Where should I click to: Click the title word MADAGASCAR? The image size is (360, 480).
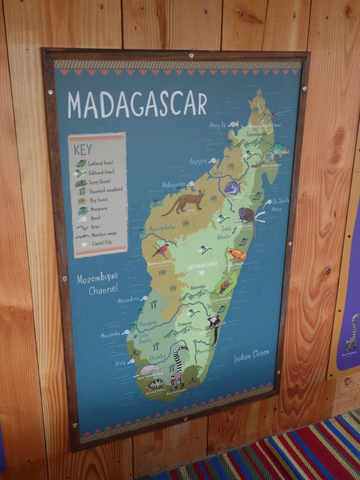pyautogui.click(x=137, y=105)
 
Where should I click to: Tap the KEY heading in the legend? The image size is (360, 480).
pyautogui.click(x=83, y=149)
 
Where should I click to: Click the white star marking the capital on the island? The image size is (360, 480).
pyautogui.click(x=201, y=272)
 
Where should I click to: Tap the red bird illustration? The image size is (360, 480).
pyautogui.click(x=160, y=250)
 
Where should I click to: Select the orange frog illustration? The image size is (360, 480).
pyautogui.click(x=236, y=255)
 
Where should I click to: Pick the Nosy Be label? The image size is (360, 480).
pyautogui.click(x=218, y=125)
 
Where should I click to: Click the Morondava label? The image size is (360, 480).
pyautogui.click(x=128, y=300)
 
